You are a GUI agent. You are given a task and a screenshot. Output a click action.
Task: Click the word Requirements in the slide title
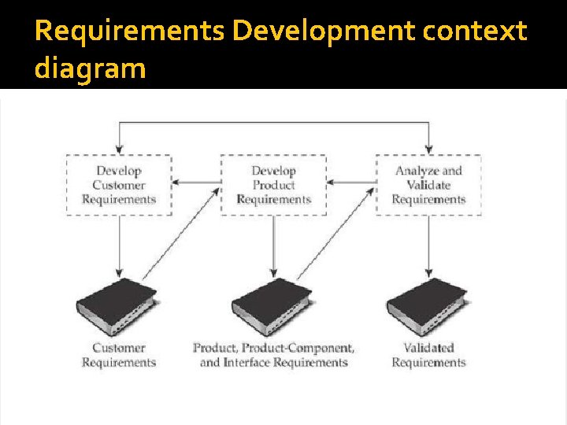click(130, 31)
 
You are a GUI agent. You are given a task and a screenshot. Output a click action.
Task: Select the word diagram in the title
click(90, 68)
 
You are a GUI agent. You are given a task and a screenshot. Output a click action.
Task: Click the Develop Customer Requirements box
click(119, 185)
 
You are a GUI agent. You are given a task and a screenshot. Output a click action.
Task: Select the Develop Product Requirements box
click(273, 185)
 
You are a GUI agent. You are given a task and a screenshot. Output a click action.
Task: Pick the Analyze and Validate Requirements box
click(428, 185)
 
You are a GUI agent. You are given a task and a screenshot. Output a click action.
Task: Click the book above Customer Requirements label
click(117, 307)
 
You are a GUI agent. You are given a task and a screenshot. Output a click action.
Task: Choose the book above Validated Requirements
click(428, 307)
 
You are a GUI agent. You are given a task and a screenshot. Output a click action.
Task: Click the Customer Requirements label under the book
click(119, 355)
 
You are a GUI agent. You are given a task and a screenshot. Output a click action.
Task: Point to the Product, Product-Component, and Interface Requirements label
click(273, 355)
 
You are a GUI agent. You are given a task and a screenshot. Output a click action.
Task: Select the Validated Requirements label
click(428, 355)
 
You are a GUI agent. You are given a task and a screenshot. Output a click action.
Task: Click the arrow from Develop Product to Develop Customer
click(196, 183)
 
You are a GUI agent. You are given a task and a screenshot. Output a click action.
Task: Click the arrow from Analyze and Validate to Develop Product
click(351, 183)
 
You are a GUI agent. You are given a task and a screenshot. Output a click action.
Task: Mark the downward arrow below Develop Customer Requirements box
click(119, 244)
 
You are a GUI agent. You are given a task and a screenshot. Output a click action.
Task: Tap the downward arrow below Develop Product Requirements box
click(273, 244)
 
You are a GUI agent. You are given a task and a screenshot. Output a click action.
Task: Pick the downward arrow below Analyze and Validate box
click(428, 244)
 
